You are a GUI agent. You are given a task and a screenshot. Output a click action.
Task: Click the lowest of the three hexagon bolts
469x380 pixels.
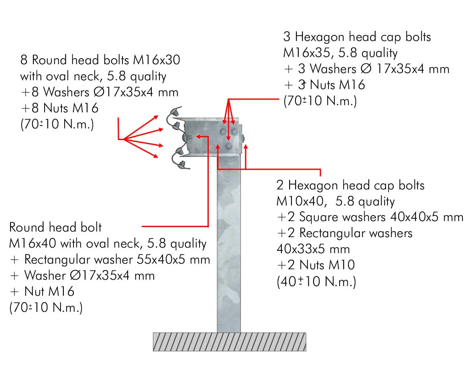pyautogui.click(x=228, y=146)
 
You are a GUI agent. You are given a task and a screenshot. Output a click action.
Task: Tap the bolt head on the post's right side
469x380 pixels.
pyautogui.click(x=243, y=138)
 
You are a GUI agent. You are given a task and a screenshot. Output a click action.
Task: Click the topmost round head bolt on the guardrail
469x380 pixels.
pyautogui.click(x=174, y=112)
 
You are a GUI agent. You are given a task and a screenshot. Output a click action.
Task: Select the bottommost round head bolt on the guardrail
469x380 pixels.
pyautogui.click(x=182, y=164)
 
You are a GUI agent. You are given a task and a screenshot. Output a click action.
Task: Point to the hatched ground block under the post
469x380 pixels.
pyautogui.click(x=229, y=342)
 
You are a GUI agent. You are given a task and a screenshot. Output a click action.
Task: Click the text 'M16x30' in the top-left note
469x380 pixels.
pyautogui.click(x=157, y=60)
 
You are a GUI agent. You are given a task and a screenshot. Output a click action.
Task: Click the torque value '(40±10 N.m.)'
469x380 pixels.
pyautogui.click(x=316, y=282)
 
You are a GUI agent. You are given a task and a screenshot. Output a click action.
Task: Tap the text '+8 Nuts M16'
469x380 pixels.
pyautogui.click(x=60, y=108)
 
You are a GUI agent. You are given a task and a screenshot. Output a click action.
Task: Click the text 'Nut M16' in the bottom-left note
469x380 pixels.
pyautogui.click(x=49, y=291)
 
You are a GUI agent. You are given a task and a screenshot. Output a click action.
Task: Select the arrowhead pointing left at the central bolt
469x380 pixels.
pyautogui.click(x=198, y=136)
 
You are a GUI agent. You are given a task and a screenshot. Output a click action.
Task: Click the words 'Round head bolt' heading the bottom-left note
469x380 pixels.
pyautogui.click(x=56, y=227)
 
